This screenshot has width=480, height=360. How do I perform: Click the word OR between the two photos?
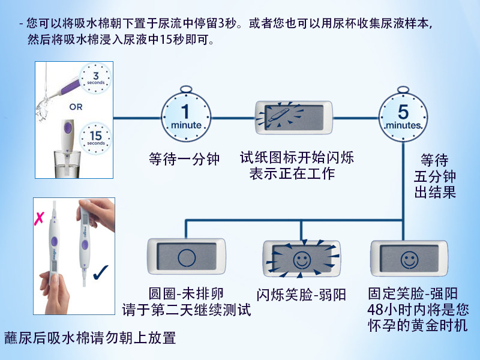point(76,108)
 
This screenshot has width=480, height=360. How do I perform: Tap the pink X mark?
point(39,217)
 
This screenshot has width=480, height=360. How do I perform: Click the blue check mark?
point(101,271)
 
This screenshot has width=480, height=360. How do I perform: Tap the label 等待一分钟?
point(184,160)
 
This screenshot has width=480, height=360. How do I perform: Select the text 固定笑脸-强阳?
point(413,295)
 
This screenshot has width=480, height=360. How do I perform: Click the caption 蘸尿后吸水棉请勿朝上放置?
point(90,338)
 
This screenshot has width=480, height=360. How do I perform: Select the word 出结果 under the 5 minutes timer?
point(434,193)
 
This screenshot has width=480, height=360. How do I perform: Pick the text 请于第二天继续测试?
point(186,310)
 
